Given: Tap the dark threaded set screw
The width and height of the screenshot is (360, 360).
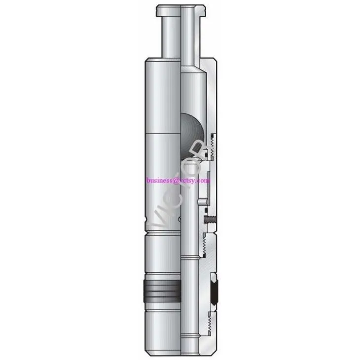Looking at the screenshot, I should pyautogui.click(x=210, y=217).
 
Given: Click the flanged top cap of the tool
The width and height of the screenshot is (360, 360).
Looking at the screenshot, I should pyautogui.click(x=180, y=10).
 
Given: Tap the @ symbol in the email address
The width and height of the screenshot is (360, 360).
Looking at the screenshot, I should pyautogui.click(x=181, y=180).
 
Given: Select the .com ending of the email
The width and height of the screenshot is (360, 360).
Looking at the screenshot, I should pyautogui.click(x=205, y=180).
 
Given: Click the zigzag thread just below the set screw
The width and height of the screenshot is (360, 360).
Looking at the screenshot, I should pyautogui.click(x=207, y=242).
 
